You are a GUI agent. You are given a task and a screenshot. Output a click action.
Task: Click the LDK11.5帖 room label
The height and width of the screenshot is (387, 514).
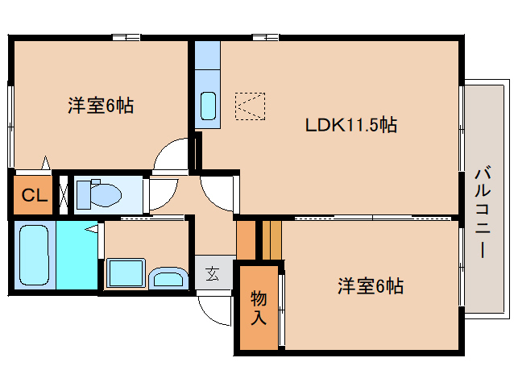pyautogui.click(x=350, y=125)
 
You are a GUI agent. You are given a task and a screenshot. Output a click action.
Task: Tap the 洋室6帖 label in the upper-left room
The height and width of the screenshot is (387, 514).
pyautogui.click(x=101, y=106)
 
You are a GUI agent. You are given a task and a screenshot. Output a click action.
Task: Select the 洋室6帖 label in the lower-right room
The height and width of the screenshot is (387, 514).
pyautogui.click(x=370, y=285)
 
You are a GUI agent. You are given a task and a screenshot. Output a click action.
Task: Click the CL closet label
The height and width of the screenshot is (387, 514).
pyautogui.click(x=33, y=195)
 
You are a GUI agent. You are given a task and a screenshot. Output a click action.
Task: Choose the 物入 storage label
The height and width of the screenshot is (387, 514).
pyautogui.click(x=259, y=307)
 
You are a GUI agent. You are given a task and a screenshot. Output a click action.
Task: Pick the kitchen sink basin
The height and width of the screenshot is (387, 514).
pyautogui.click(x=208, y=106)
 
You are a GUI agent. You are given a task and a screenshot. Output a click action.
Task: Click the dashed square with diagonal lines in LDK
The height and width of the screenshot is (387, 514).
pyautogui.click(x=249, y=106)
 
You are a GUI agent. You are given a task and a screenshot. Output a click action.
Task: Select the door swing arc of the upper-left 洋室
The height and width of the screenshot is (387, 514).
pyautogui.click(x=171, y=156)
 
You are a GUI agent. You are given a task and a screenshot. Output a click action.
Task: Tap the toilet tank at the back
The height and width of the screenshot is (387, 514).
pyautogui.click(x=85, y=194)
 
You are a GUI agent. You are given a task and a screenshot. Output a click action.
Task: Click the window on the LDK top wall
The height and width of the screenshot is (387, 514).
pyautogui.click(x=265, y=36)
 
